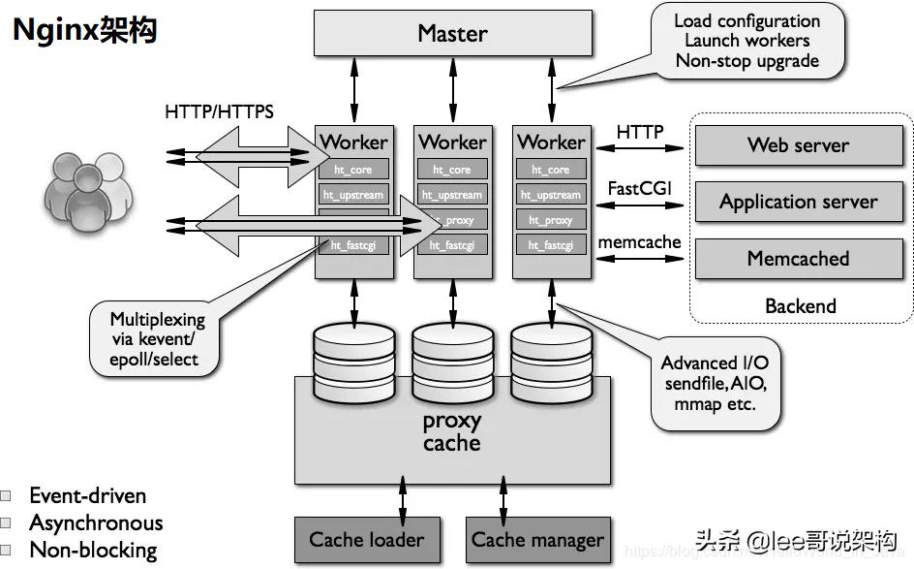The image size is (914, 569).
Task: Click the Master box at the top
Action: pyautogui.click(x=452, y=34)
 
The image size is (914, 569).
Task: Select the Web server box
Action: pyautogui.click(x=798, y=145)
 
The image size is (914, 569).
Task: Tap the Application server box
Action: pyautogui.click(x=798, y=202)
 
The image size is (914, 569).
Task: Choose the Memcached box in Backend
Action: pyautogui.click(x=798, y=258)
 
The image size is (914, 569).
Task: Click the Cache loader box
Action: pyautogui.click(x=366, y=539)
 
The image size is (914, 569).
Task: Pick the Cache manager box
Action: pyautogui.click(x=537, y=539)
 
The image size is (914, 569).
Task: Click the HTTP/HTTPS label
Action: pyautogui.click(x=219, y=111)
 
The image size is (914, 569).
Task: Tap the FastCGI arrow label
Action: pyautogui.click(x=639, y=188)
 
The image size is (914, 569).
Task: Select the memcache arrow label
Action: pyautogui.click(x=639, y=242)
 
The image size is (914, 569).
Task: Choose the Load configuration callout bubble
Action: pyautogui.click(x=746, y=42)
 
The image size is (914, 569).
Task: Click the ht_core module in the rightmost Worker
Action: pyautogui.click(x=551, y=170)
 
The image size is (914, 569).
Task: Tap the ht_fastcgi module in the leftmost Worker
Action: pyautogui.click(x=353, y=245)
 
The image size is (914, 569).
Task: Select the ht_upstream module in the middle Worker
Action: pyautogui.click(x=452, y=195)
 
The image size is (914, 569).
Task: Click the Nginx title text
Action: pyautogui.click(x=84, y=30)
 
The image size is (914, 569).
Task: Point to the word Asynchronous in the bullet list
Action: pyautogui.click(x=96, y=522)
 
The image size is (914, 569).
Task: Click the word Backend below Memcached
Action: pyautogui.click(x=800, y=305)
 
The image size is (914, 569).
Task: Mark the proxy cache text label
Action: pyautogui.click(x=451, y=432)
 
